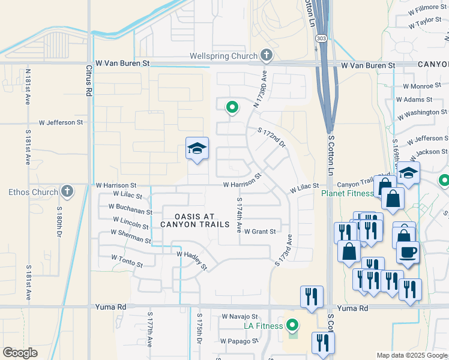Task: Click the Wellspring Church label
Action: pyautogui.click(x=223, y=56)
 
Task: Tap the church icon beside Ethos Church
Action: pyautogui.click(x=67, y=193)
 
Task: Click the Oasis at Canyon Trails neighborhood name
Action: pyautogui.click(x=195, y=220)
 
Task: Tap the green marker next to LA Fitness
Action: pyautogui.click(x=292, y=326)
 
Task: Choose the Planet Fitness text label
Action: pyautogui.click(x=348, y=193)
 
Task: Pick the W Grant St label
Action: pyautogui.click(x=259, y=232)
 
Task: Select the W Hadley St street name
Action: pyautogui.click(x=191, y=260)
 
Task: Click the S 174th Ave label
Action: pyautogui.click(x=239, y=215)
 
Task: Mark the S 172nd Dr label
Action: pyautogui.click(x=271, y=139)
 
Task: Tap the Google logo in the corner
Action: pyautogui.click(x=20, y=353)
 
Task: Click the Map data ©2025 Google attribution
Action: pyautogui.click(x=411, y=355)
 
